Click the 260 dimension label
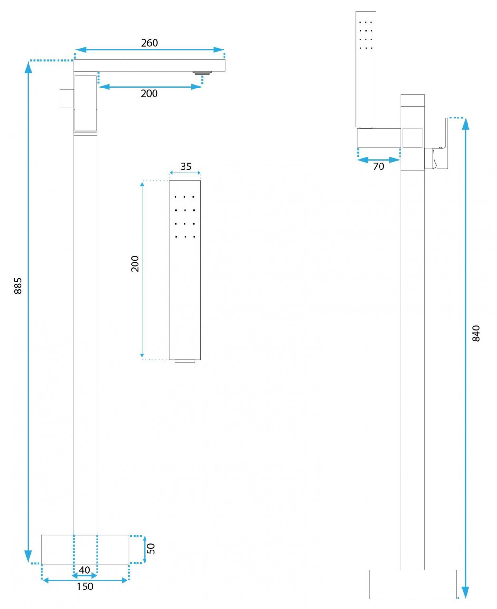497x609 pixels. pos(149,43)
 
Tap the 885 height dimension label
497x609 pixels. pos(18,285)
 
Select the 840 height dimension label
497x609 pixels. pos(476,333)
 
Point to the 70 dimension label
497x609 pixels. pos(379,167)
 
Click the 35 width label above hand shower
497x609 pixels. pos(185,167)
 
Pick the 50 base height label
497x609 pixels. pos(151,549)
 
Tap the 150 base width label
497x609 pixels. pos(85,586)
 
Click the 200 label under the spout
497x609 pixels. pos(149,93)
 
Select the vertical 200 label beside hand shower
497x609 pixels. pos(135,264)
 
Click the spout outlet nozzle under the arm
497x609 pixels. pos(202,73)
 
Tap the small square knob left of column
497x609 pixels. pos(67,98)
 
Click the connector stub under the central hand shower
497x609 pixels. pos(185,361)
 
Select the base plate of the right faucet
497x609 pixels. pos(412,584)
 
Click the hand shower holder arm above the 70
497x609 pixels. pos(379,138)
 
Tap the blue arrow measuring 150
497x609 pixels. pos(85,580)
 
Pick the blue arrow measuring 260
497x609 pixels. pos(149,49)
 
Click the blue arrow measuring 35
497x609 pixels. pos(185,173)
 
